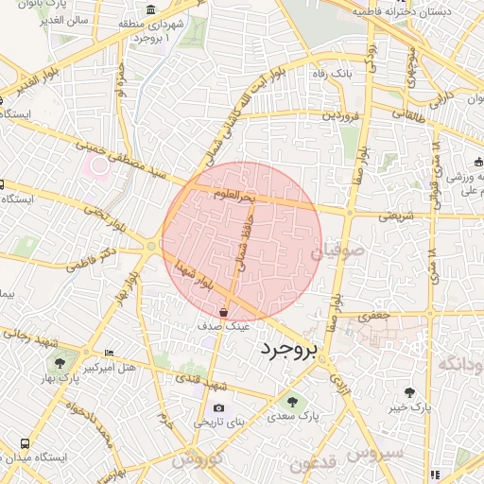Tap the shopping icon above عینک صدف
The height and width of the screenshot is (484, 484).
[223, 311]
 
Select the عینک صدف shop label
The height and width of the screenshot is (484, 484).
[223, 324]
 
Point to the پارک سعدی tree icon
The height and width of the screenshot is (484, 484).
[291, 401]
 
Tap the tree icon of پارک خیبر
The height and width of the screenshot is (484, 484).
[408, 391]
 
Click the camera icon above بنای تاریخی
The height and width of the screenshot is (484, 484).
[219, 407]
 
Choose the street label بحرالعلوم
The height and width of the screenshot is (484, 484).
[234, 197]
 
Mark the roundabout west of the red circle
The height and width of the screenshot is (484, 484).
[151, 247]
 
